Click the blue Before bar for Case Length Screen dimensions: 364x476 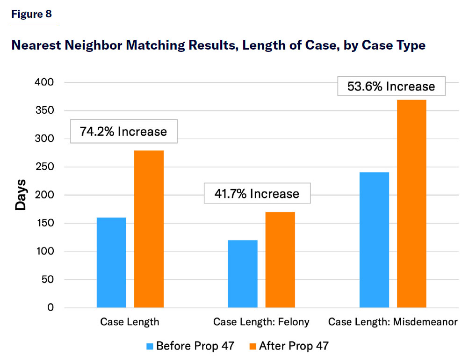tap(111, 262)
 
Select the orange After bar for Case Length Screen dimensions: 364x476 tap(149, 229)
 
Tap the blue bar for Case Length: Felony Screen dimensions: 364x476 tap(243, 274)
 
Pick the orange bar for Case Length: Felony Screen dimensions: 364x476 tap(280, 260)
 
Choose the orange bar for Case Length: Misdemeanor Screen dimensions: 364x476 tap(411, 204)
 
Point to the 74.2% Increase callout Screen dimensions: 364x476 tap(124, 131)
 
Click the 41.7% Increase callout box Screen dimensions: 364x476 tap(257, 194)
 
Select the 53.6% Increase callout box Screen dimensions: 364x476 tap(391, 87)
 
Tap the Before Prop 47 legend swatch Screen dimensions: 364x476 tap(150, 346)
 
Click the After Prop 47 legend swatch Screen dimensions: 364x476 tap(253, 346)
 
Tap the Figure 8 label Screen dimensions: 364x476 tap(31, 14)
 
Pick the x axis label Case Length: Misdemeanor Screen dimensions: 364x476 tap(392, 322)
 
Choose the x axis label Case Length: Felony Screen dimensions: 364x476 tap(261, 322)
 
